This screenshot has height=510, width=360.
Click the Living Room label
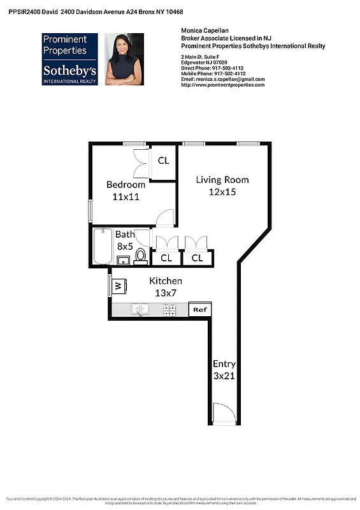(x=222, y=180)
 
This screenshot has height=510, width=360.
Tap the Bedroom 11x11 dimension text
(x=126, y=197)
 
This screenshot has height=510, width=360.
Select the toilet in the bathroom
(x=140, y=256)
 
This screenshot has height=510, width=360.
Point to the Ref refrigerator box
(x=200, y=309)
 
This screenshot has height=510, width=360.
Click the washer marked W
(x=118, y=286)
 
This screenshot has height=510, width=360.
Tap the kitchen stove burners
(x=169, y=310)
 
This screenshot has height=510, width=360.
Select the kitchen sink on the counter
(x=140, y=309)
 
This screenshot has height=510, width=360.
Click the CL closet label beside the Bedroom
(x=164, y=161)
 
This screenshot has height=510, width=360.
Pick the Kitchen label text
(x=166, y=281)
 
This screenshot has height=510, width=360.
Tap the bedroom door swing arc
(x=164, y=217)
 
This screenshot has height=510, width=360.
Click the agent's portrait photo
(x=124, y=59)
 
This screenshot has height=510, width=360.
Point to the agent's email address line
(x=222, y=79)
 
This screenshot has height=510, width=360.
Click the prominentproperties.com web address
(x=222, y=85)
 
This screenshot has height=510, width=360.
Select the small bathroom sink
(x=124, y=260)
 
